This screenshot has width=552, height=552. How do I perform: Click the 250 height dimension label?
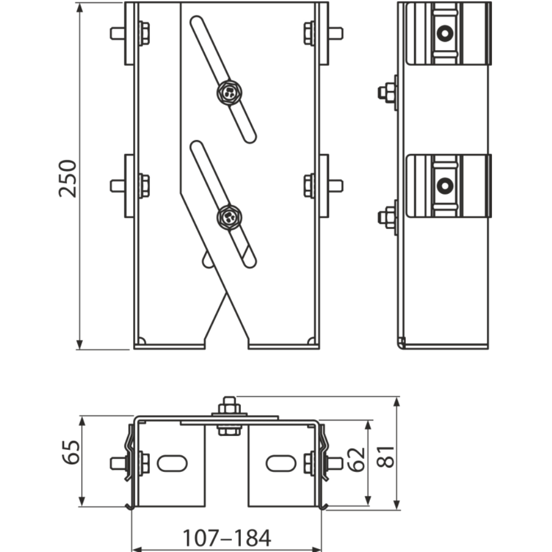[x=68, y=178]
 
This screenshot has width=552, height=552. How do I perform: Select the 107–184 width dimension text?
[x=227, y=536]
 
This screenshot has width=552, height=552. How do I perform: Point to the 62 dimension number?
[x=358, y=460]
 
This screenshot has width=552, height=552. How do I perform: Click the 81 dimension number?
[x=389, y=456]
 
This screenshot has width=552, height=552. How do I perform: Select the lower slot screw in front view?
[x=228, y=216]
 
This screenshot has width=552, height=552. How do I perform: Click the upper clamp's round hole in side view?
[x=444, y=34]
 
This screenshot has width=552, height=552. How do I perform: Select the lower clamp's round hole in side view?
[x=444, y=185]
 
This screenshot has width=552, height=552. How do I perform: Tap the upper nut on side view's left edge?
[x=388, y=93]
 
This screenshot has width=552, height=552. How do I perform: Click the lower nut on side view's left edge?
[x=388, y=217]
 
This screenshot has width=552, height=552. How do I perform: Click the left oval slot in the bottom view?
[x=172, y=463]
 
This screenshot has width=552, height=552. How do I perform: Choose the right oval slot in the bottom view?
[x=280, y=463]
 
